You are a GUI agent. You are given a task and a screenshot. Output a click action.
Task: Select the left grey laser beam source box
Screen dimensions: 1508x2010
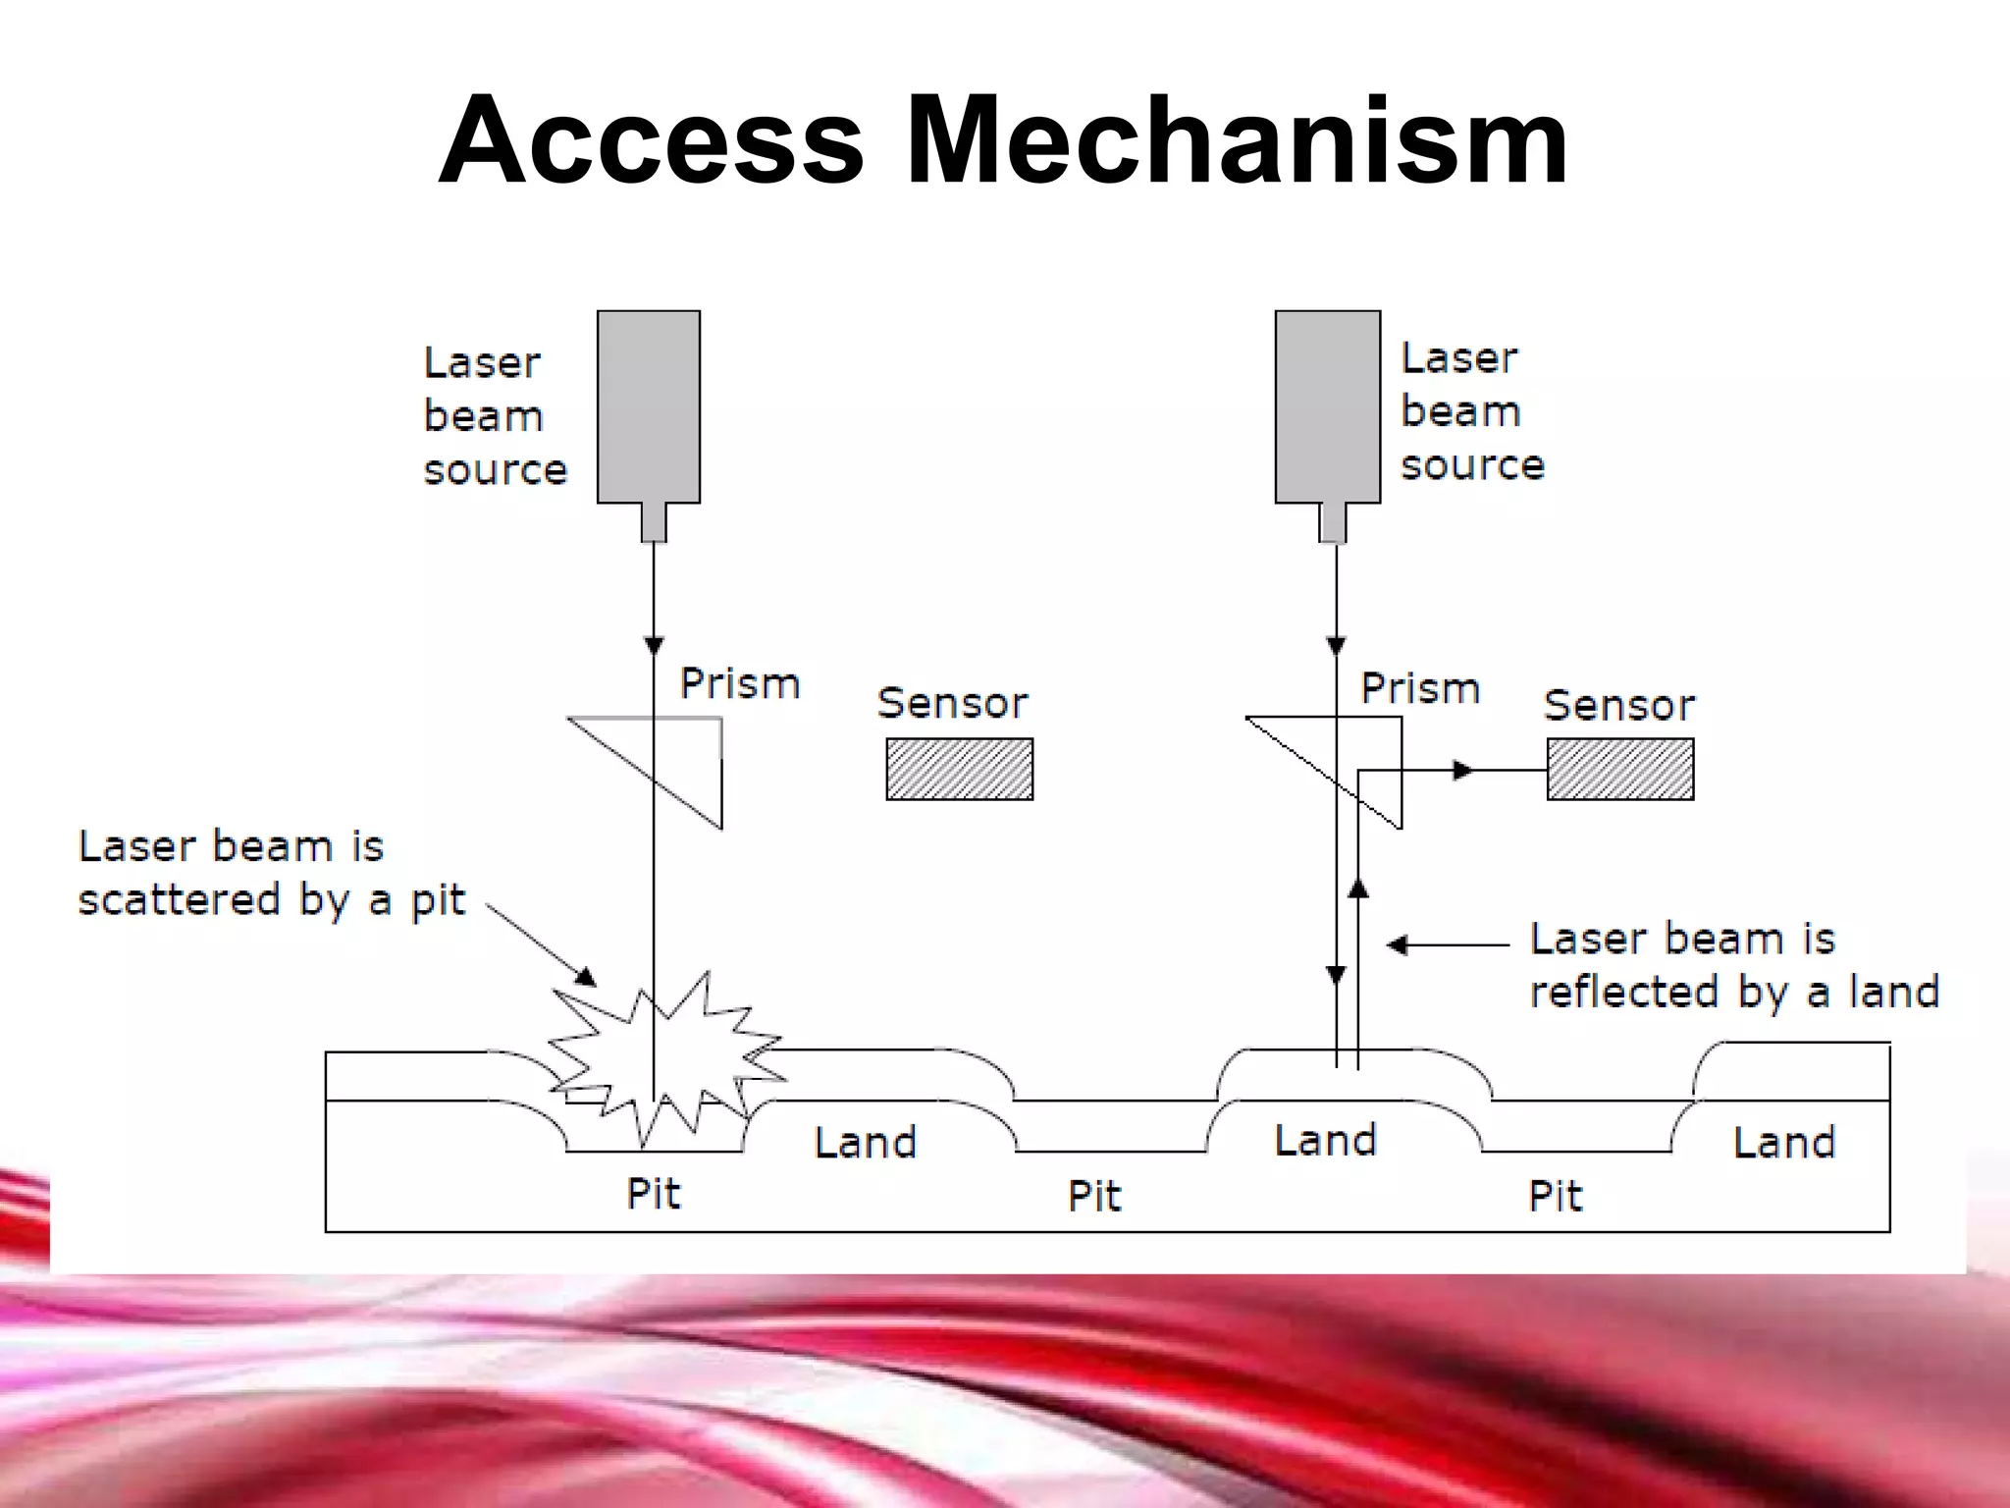click(649, 406)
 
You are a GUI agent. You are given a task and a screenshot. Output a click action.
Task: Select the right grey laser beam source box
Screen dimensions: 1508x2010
click(1327, 406)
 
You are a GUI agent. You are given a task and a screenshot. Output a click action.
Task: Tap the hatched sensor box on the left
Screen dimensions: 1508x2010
click(959, 769)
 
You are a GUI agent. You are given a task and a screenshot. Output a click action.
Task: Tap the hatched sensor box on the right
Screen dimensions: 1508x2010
click(1619, 769)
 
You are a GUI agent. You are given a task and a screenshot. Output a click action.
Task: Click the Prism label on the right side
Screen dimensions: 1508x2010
click(1419, 688)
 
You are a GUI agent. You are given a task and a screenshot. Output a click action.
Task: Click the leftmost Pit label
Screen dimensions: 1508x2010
click(653, 1194)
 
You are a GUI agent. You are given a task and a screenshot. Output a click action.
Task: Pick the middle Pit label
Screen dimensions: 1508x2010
click(1093, 1196)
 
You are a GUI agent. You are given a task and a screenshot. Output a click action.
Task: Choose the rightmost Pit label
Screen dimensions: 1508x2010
click(1555, 1196)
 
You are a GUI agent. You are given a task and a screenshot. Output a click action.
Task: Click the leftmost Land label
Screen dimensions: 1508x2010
click(865, 1143)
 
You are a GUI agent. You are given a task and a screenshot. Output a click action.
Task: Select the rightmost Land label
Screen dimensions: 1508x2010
click(1783, 1143)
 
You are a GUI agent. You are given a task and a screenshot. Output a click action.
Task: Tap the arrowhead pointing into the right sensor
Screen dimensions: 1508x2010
click(1463, 771)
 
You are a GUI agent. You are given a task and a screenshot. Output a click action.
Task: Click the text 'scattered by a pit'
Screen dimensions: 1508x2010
click(271, 900)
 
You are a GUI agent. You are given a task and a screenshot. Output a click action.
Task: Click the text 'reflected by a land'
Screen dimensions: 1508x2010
click(1733, 992)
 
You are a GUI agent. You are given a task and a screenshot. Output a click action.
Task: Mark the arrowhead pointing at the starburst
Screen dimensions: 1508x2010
click(586, 976)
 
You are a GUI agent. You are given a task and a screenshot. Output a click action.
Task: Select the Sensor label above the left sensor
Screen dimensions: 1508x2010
click(952, 703)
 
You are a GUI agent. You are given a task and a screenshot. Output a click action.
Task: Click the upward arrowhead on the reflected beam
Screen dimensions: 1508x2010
click(1358, 888)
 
